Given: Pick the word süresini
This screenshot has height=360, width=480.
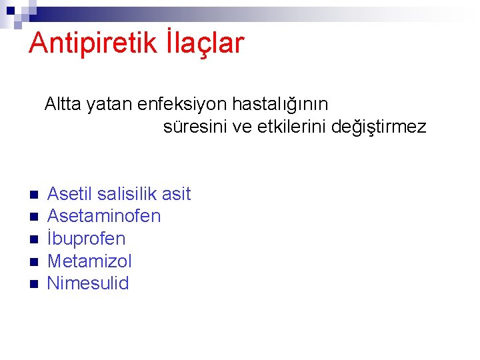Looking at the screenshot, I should pyautogui.click(x=193, y=127).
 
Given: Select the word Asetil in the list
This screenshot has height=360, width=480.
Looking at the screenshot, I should pyautogui.click(x=70, y=194).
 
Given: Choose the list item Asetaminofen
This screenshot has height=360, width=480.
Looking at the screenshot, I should pyautogui.click(x=104, y=216).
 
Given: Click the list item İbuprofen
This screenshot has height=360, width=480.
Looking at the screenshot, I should pyautogui.click(x=87, y=239).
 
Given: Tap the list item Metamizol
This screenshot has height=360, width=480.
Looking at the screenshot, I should pyautogui.click(x=90, y=261).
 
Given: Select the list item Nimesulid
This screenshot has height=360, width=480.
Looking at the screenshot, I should pyautogui.click(x=88, y=283).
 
